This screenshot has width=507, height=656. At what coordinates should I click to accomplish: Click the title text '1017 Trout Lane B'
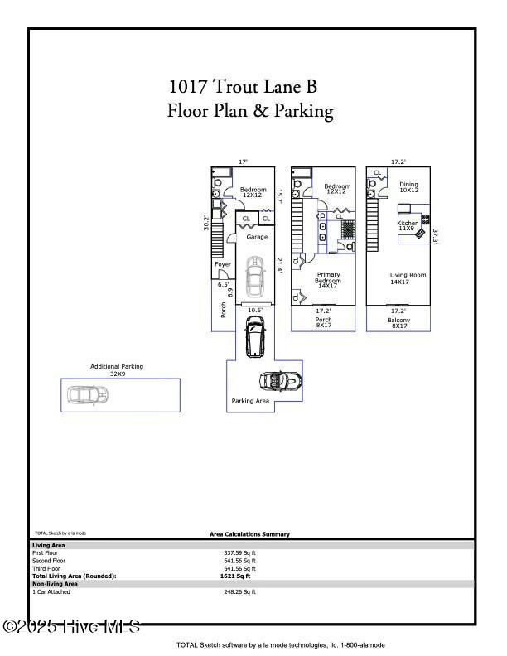[x=243, y=86]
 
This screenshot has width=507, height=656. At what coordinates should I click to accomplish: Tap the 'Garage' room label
[x=257, y=237]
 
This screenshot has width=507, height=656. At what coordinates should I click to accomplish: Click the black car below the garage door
[x=254, y=337]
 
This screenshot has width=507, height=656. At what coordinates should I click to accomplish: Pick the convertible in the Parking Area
[x=280, y=381]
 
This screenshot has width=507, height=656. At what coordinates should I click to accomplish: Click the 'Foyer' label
[x=223, y=264]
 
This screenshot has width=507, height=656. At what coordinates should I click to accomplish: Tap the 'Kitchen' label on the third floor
[x=408, y=224]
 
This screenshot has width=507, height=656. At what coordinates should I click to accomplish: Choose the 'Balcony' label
[x=399, y=322]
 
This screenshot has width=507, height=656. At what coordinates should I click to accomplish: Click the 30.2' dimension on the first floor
[x=206, y=223]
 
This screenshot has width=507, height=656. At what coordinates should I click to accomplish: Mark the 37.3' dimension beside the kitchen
[x=435, y=235]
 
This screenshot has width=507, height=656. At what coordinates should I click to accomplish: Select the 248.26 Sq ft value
[x=239, y=592]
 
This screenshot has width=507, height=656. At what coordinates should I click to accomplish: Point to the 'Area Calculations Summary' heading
[x=249, y=535]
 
